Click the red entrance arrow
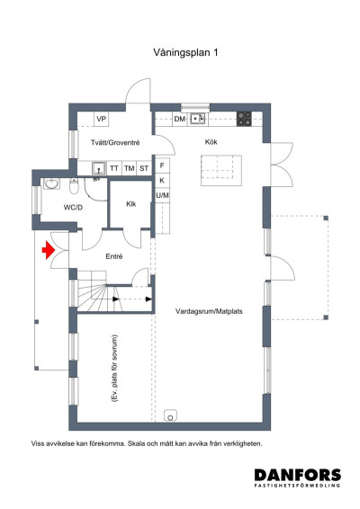point(48,250)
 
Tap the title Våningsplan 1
point(185,52)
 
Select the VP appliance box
point(102,119)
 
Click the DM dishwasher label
point(180,119)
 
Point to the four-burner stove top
point(244,119)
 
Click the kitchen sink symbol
point(197,119)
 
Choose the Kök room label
point(211,142)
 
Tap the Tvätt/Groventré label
point(115,142)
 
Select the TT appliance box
point(114,168)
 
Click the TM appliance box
point(130,168)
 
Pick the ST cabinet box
point(144,168)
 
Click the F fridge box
point(162,165)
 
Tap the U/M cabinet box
point(162,195)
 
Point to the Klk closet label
point(130,204)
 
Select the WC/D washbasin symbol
point(51,183)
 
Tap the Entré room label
point(114,256)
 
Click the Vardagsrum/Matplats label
point(209,311)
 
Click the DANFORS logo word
point(298,475)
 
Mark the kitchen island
point(221,171)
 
